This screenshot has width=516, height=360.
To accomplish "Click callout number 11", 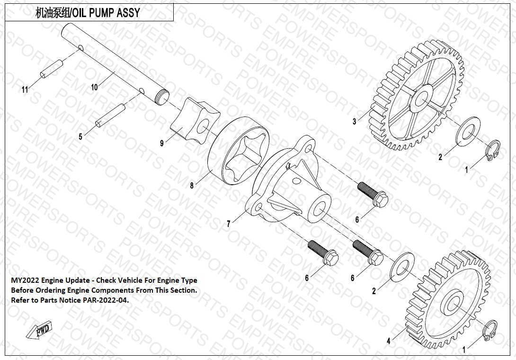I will [25, 90].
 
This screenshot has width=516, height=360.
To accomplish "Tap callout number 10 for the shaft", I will [94, 87].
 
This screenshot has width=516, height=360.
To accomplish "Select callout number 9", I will [162, 143].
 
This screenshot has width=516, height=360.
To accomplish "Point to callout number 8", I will [192, 186].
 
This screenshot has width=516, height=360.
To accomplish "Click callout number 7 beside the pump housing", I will [229, 224].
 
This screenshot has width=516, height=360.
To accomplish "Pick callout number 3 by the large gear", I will [354, 122].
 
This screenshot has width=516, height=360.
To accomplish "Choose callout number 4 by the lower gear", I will [389, 341].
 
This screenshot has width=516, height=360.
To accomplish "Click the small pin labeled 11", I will [51, 68].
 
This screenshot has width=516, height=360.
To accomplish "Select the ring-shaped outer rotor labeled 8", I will [239, 153].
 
